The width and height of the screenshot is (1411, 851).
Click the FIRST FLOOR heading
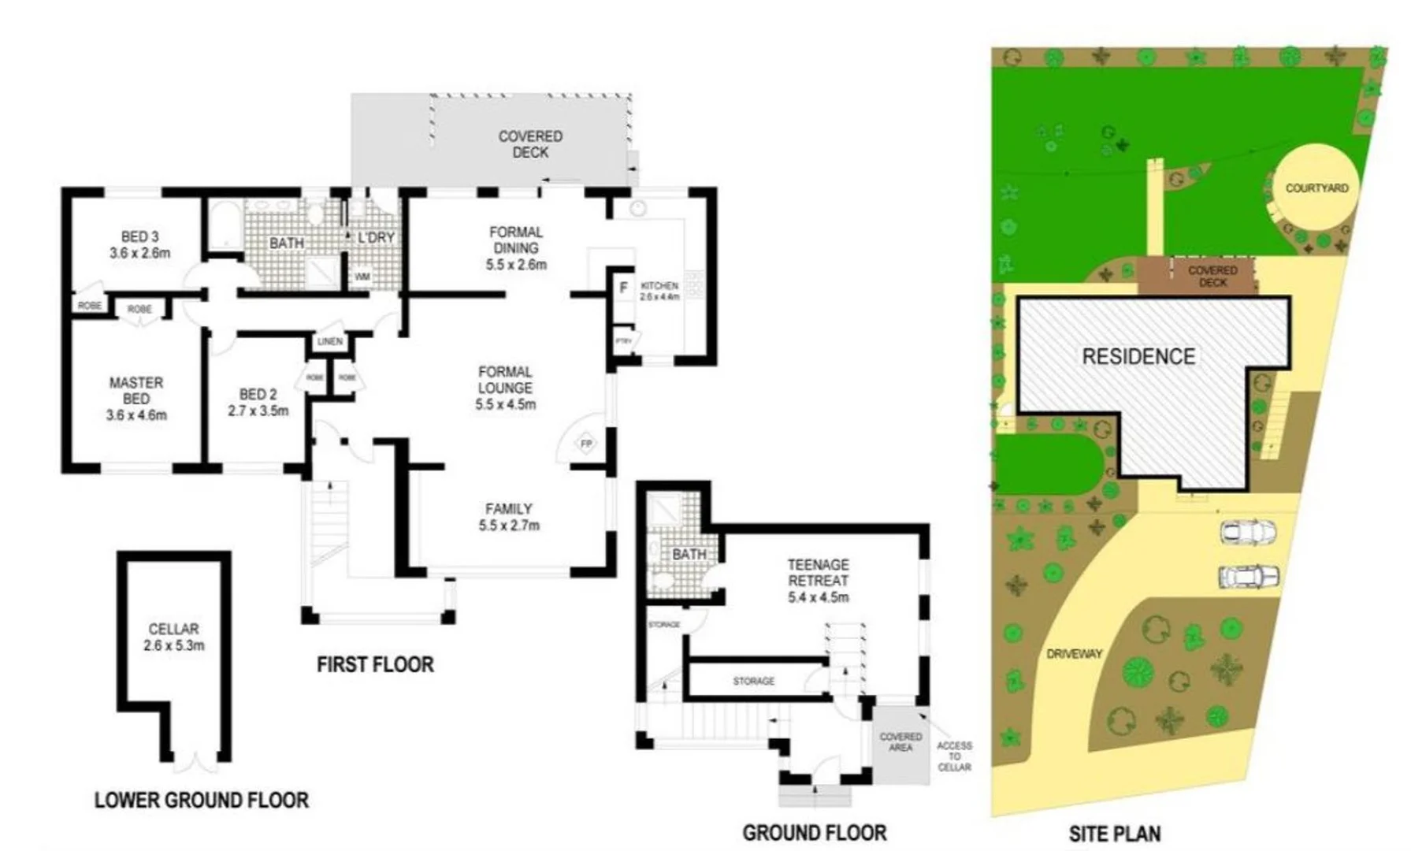[x=375, y=665]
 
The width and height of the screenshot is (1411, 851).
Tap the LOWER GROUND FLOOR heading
[x=202, y=801]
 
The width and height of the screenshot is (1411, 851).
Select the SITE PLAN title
[x=1114, y=834]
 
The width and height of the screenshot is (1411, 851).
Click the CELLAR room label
[x=173, y=629]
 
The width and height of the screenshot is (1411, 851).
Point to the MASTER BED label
[x=136, y=391]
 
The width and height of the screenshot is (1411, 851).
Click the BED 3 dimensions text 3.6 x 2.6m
[x=140, y=254]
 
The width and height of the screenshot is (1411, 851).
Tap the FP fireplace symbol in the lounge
[x=585, y=444]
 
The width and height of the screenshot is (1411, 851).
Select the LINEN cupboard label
[x=329, y=341]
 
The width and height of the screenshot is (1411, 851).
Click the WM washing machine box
[x=362, y=277]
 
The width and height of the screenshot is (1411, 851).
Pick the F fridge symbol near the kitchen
[x=623, y=288]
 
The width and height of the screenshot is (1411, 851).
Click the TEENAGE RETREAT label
[x=818, y=573]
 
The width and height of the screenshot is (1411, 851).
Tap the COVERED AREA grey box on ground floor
[x=900, y=742]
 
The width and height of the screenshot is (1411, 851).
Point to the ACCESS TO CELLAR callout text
[x=954, y=756]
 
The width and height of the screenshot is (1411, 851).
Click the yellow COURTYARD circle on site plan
[x=1316, y=188]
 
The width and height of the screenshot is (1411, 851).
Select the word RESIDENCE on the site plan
[x=1138, y=357]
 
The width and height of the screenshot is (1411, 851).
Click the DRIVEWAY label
[x=1074, y=653]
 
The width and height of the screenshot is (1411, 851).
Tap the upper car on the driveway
[x=1247, y=533]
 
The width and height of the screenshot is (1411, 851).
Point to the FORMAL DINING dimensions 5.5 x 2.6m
[x=516, y=265]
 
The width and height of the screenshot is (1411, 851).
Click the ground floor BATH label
[x=689, y=555]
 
